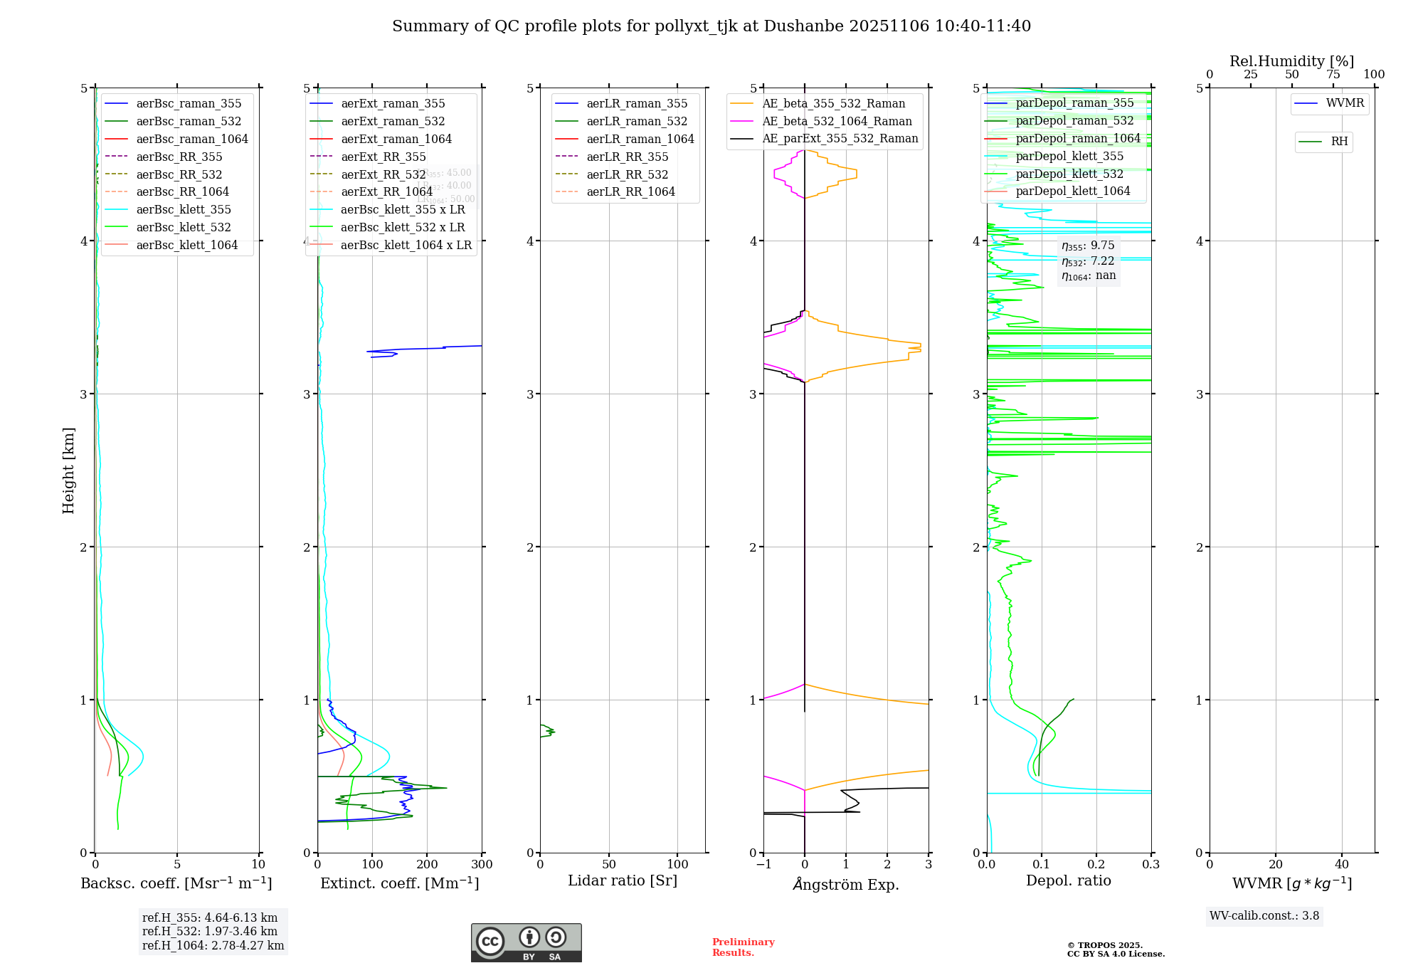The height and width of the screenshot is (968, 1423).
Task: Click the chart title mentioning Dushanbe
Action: [711, 26]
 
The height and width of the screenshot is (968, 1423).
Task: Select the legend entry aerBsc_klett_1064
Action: [186, 245]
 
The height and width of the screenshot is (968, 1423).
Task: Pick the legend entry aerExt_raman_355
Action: [393, 104]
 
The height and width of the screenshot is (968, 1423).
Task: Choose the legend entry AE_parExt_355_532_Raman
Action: [840, 139]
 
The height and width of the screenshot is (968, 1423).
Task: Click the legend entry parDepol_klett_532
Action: [1069, 174]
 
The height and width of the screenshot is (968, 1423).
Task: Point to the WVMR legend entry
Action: [1344, 103]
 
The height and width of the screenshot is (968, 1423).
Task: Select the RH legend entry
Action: [1338, 142]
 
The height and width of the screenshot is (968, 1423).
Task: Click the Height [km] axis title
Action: [68, 470]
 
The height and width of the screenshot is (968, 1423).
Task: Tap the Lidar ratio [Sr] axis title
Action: [623, 880]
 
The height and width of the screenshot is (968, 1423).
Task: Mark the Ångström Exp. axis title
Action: [846, 884]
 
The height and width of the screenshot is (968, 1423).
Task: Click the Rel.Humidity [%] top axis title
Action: [1291, 61]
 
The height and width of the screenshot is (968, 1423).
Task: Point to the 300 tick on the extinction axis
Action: [482, 864]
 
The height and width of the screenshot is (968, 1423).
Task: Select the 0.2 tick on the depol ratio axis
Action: [1096, 864]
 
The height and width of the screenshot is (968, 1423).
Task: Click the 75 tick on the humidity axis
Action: [1333, 75]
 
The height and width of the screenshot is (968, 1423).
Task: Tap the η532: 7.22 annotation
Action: [1088, 261]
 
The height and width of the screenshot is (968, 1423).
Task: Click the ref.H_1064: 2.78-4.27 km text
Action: [213, 945]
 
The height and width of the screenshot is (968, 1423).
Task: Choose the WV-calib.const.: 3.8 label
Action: [1264, 916]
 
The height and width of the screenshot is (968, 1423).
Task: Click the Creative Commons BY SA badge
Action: [526, 942]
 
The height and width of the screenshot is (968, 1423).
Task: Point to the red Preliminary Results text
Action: [743, 947]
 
